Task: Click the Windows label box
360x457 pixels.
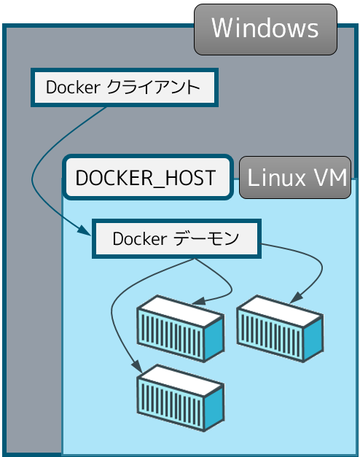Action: pos(265,29)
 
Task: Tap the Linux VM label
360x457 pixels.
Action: pos(295,178)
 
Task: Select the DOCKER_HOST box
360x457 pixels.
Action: pos(148,178)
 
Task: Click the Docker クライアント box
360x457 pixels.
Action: pos(125,87)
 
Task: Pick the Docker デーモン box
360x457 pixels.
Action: pos(176,238)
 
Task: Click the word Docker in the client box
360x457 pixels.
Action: pos(73,87)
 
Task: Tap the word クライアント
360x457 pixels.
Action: pos(153,87)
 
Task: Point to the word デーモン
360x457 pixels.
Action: pos(206,238)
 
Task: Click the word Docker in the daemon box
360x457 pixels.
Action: pos(140,238)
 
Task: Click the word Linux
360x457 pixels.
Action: pos(277,178)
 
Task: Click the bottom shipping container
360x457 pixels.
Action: pos(181,398)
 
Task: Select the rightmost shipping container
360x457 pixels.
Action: pos(280,329)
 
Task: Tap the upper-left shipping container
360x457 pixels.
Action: pos(181,329)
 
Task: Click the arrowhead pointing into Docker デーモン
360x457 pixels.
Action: pos(85,230)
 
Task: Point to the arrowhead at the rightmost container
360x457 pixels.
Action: pos(297,297)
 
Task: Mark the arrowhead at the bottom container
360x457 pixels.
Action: pos(136,366)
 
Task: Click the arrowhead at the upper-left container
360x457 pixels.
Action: pos(199,301)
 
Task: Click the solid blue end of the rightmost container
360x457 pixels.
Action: pos(313,338)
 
